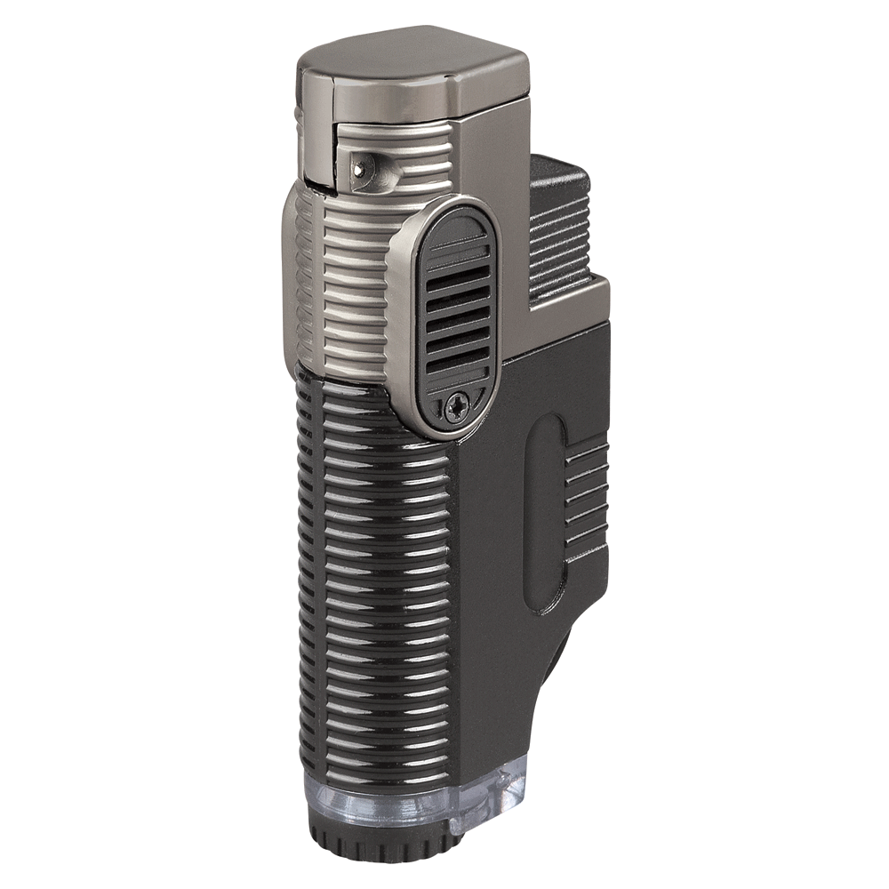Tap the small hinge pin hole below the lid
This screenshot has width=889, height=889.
(358, 167)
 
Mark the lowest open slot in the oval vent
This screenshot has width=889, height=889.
(458, 364)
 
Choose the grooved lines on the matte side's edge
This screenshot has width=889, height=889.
(587, 498)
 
